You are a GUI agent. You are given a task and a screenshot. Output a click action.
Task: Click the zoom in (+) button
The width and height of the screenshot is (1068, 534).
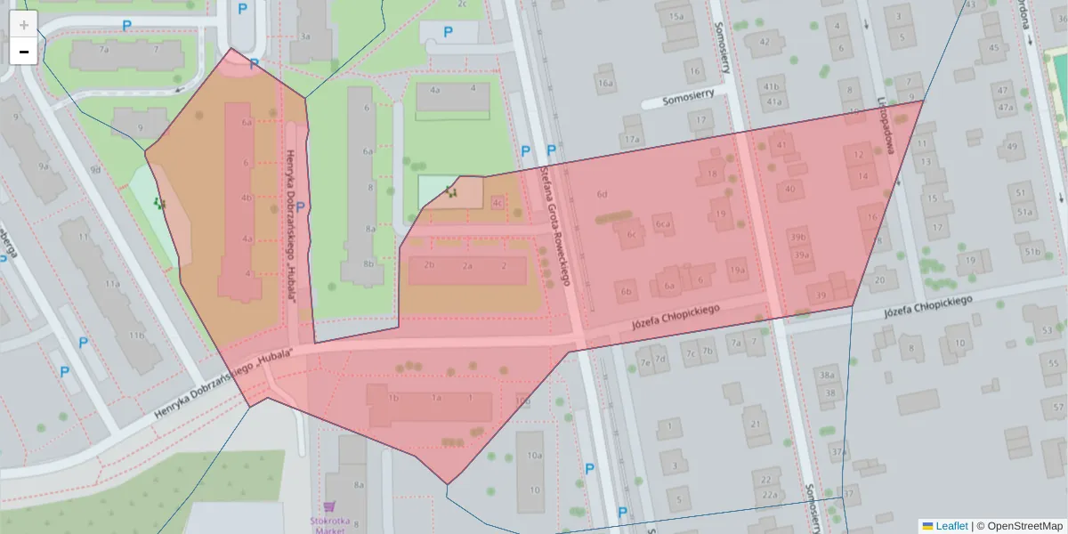click(x=23, y=24)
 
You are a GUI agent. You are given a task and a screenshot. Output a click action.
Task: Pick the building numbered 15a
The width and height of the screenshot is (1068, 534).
click(x=676, y=16)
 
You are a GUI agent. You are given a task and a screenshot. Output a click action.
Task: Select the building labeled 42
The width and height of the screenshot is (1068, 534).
click(x=763, y=41)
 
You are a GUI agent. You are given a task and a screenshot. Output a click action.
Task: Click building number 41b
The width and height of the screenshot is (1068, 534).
click(x=771, y=85)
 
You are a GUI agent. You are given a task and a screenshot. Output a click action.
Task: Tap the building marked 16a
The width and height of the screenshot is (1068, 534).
click(x=605, y=84)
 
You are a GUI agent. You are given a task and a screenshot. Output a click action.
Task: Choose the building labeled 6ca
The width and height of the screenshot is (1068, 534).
click(x=662, y=225)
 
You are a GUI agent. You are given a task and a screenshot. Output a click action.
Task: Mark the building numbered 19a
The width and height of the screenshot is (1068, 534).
click(x=737, y=270)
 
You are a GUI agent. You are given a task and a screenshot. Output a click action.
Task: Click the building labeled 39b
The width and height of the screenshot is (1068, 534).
click(x=798, y=237)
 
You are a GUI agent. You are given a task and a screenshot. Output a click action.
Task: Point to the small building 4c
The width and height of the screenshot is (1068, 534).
click(x=497, y=203)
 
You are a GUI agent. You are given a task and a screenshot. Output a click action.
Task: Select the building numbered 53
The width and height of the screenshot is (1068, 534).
click(x=1047, y=331)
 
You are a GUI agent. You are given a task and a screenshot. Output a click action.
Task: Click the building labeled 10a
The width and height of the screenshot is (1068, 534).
click(x=533, y=455)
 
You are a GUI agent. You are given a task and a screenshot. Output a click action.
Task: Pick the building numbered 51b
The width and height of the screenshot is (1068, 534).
click(x=1032, y=252)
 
